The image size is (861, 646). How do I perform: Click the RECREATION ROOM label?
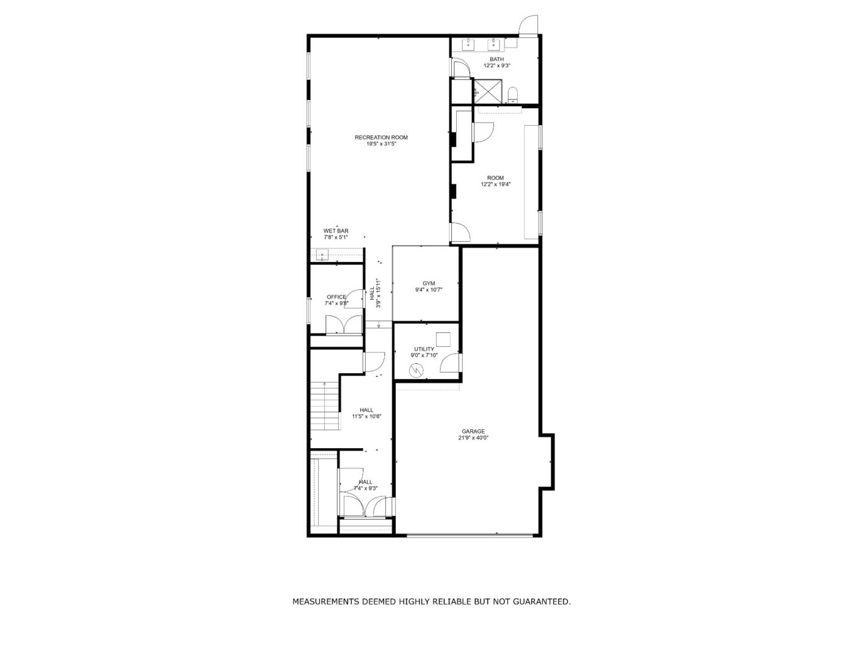click(381, 137)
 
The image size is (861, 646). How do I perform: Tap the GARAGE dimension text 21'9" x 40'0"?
click(473, 438)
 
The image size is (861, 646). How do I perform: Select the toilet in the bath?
click(512, 95)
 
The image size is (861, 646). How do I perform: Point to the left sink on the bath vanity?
click(469, 44)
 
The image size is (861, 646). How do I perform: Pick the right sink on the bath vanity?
click(495, 44)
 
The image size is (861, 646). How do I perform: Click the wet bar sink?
click(322, 255)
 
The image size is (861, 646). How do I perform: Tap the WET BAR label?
click(336, 231)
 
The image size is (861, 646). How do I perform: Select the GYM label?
click(429, 283)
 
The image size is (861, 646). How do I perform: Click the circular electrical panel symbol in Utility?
click(416, 371)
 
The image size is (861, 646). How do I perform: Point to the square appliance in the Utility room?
click(444, 339)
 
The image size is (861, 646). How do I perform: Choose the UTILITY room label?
click(424, 349)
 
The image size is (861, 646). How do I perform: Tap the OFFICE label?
click(336, 297)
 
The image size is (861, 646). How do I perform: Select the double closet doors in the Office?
click(343, 324)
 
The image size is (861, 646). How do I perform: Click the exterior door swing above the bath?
click(528, 25)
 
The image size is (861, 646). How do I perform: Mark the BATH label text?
click(496, 59)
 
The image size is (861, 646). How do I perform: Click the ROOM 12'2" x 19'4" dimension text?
click(495, 185)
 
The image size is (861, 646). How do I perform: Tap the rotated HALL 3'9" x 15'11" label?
click(375, 293)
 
